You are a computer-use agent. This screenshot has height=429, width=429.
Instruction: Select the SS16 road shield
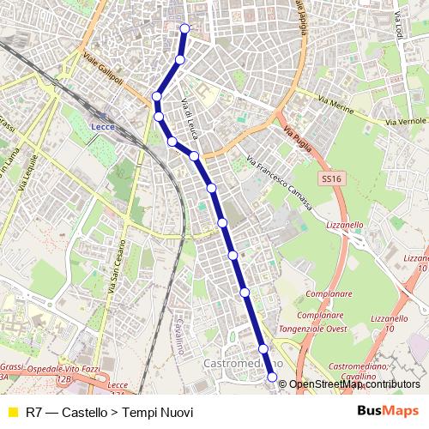[330, 178]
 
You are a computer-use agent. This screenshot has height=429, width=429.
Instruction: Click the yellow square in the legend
[12, 413]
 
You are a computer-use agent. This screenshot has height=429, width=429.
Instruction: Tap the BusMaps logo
[388, 411]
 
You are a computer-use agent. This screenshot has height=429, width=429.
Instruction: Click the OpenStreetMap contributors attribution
[354, 384]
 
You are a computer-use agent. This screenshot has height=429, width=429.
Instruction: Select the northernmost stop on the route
[184, 28]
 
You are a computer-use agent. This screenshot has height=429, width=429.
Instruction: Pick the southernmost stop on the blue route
[273, 377]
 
